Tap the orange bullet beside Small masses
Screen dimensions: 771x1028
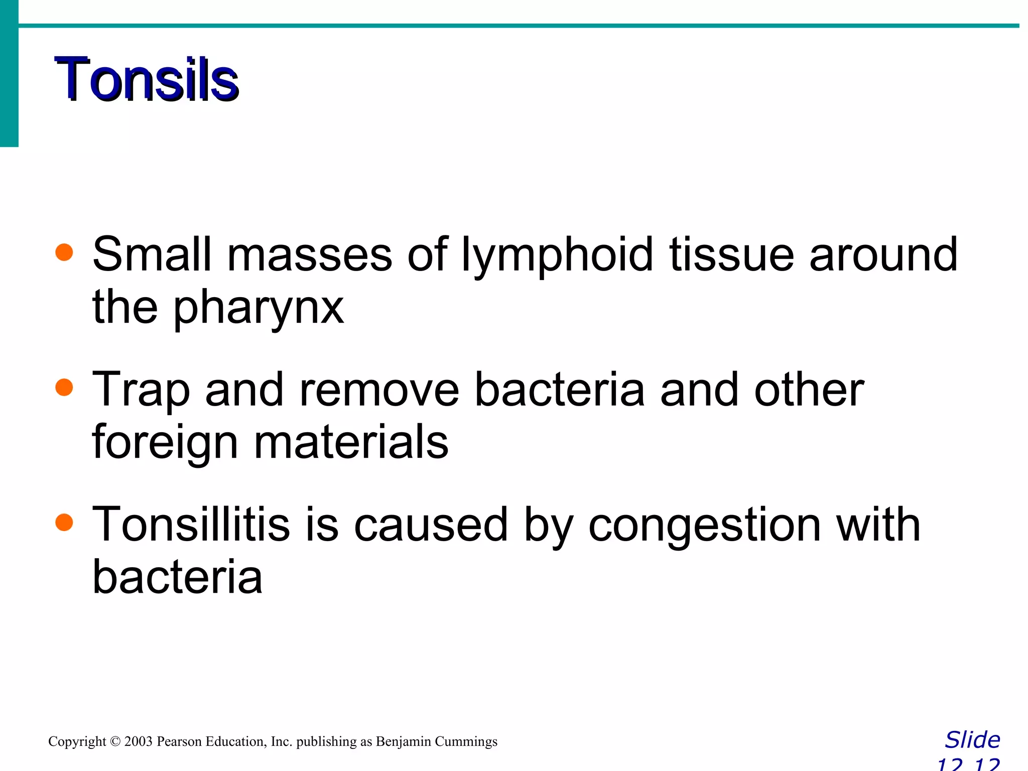point(64,252)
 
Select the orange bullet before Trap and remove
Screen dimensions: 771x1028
point(64,388)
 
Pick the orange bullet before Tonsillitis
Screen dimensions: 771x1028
point(64,523)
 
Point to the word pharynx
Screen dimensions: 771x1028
point(259,309)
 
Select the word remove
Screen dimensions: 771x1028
point(379,390)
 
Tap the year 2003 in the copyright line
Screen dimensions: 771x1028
point(138,741)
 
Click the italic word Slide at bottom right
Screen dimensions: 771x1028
point(972,740)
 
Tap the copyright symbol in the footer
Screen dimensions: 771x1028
point(115,741)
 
